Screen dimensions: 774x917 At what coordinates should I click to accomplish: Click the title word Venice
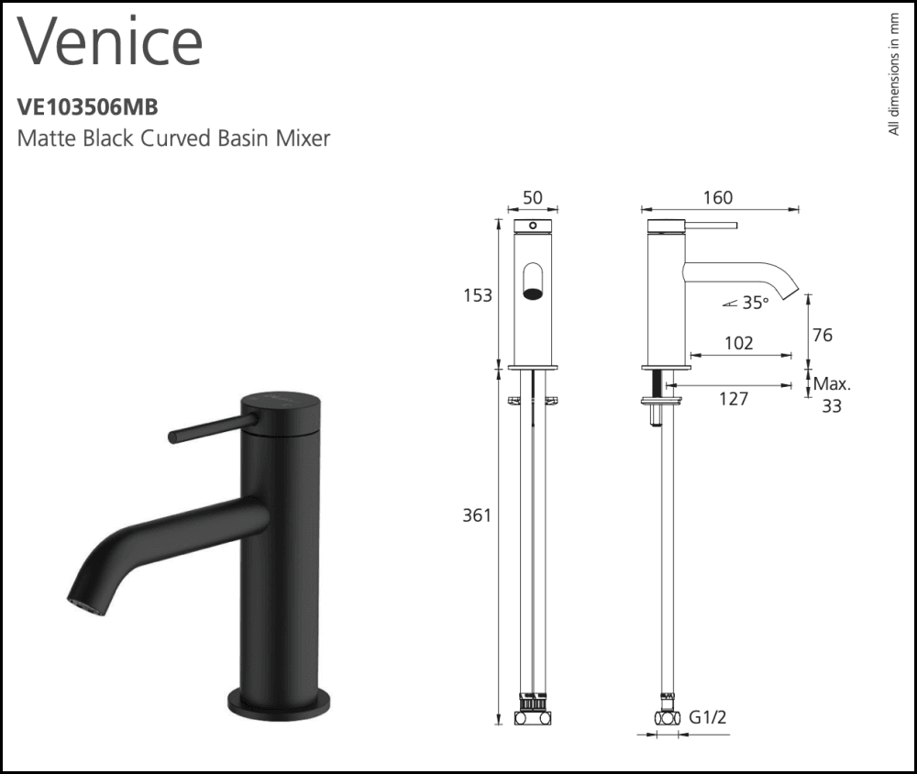point(110,42)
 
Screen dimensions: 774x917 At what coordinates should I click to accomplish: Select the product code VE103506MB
point(88,107)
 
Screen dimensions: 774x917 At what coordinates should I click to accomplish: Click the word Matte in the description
point(45,138)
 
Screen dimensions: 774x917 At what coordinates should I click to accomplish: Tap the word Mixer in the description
point(303,138)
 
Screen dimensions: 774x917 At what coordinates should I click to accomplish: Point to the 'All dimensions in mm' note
point(894,74)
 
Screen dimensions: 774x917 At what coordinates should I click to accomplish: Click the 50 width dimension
point(532,198)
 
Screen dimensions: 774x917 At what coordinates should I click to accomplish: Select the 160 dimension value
point(717,198)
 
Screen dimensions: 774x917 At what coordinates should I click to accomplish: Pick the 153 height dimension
point(477,295)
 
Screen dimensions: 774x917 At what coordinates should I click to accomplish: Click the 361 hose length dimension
point(477,515)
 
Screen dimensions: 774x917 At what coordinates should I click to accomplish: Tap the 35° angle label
point(754,304)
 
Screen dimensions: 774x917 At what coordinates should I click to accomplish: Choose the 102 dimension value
point(738,344)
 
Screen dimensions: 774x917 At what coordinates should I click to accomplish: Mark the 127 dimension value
point(733,398)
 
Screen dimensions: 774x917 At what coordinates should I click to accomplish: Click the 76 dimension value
point(823,336)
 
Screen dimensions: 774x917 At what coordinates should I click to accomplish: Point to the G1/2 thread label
point(709,717)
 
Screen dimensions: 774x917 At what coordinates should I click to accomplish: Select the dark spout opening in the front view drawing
point(532,293)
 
